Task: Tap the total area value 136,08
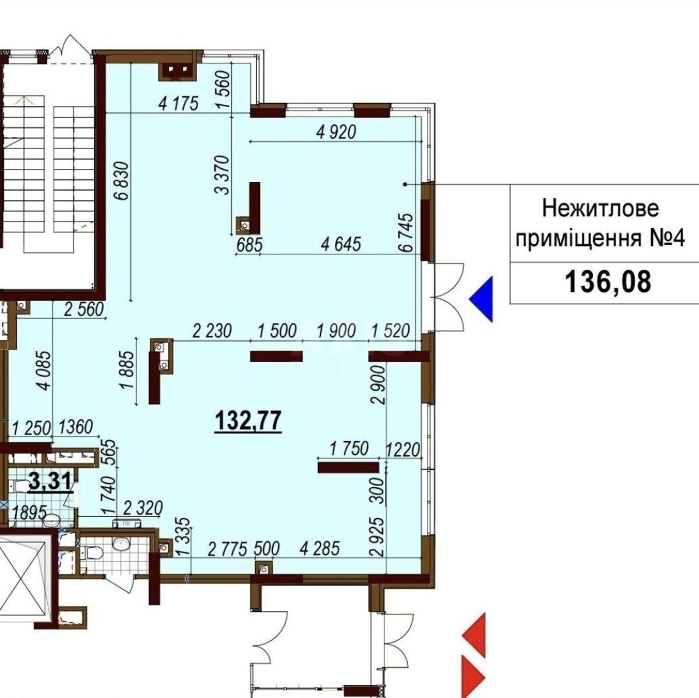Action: click(x=607, y=283)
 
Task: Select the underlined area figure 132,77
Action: click(x=249, y=420)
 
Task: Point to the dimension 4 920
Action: click(x=336, y=132)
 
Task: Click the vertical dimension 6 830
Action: click(x=122, y=182)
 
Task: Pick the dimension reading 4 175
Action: click(x=179, y=104)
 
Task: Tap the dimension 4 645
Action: click(x=341, y=244)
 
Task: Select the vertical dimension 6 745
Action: click(x=406, y=232)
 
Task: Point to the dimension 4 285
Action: click(x=319, y=548)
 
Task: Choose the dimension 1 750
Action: click(x=349, y=449)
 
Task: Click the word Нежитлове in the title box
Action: click(x=600, y=208)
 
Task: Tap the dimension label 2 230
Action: click(x=211, y=331)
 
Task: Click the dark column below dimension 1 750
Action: click(x=348, y=467)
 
